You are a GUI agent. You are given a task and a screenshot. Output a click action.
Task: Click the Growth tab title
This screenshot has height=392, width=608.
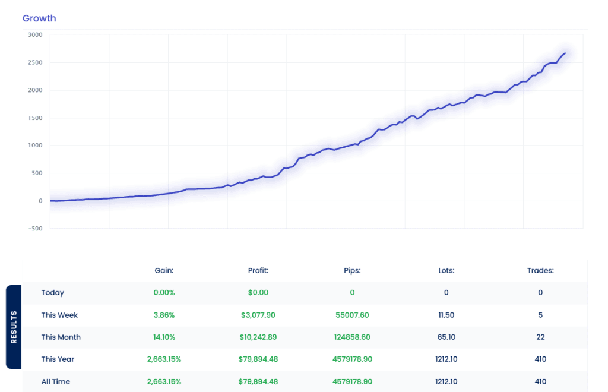tap(39, 18)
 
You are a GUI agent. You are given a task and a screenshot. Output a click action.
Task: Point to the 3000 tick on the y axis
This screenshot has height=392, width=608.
tap(35, 34)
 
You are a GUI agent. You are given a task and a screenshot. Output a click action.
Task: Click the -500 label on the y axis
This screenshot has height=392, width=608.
tap(34, 229)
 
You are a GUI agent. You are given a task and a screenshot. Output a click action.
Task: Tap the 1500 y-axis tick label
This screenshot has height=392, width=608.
tap(35, 118)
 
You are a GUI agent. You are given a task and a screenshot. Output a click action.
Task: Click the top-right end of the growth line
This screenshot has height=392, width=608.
tap(565, 53)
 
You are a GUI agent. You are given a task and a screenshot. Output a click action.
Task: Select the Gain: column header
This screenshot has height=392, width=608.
tap(163, 270)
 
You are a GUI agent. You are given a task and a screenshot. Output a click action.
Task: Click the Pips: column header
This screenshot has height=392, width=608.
tap(352, 270)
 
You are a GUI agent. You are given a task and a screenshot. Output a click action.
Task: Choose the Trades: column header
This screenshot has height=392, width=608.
tap(540, 270)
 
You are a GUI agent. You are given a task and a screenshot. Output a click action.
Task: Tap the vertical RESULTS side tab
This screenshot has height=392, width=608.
tap(14, 327)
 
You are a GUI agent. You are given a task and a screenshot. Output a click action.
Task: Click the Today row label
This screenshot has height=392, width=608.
tap(53, 292)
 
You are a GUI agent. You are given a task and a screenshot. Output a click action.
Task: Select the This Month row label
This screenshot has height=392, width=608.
tap(61, 337)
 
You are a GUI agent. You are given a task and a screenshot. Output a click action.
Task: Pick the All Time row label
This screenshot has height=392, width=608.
tap(55, 381)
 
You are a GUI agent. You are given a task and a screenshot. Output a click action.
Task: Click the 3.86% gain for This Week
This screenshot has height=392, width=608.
tap(163, 315)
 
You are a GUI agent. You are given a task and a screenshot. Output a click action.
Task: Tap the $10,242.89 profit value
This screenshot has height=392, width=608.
tap(258, 337)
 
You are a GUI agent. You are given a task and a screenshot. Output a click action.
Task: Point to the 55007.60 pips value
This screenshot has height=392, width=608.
tap(352, 315)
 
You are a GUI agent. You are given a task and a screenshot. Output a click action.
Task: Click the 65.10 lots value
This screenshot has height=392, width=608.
tap(446, 337)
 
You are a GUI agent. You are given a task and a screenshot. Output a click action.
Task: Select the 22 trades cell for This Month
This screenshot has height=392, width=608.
tap(540, 337)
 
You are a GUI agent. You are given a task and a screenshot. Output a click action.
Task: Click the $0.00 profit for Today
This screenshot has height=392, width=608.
tap(258, 292)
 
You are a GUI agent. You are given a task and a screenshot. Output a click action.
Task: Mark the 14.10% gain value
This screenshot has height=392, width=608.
tap(163, 337)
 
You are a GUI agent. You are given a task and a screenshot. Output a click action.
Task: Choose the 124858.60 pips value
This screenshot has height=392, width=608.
tap(352, 337)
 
